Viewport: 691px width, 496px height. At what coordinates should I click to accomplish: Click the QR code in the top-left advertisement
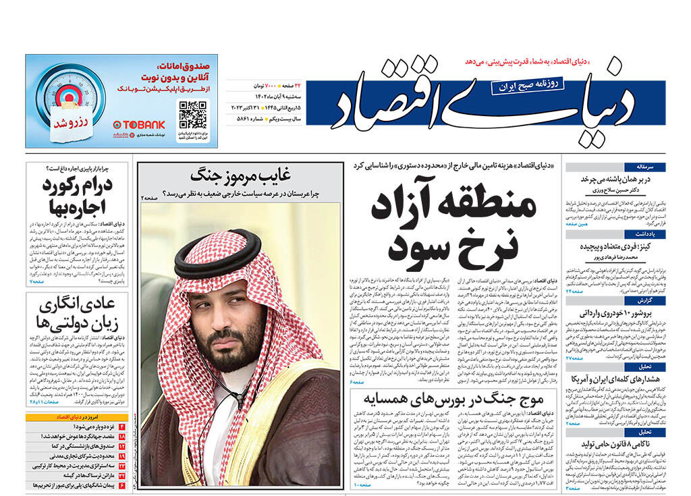(x=193, y=115)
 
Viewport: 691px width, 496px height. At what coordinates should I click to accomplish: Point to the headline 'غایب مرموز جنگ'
(x=241, y=175)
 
